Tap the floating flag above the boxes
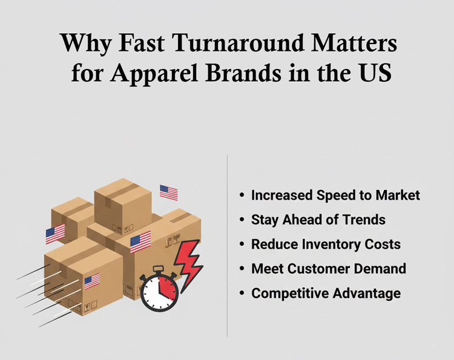(169, 192)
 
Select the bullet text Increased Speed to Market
(335, 195)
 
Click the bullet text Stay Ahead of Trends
(318, 220)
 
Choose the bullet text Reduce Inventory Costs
(326, 244)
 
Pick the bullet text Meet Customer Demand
(329, 269)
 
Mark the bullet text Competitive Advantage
(326, 293)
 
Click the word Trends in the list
(365, 220)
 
